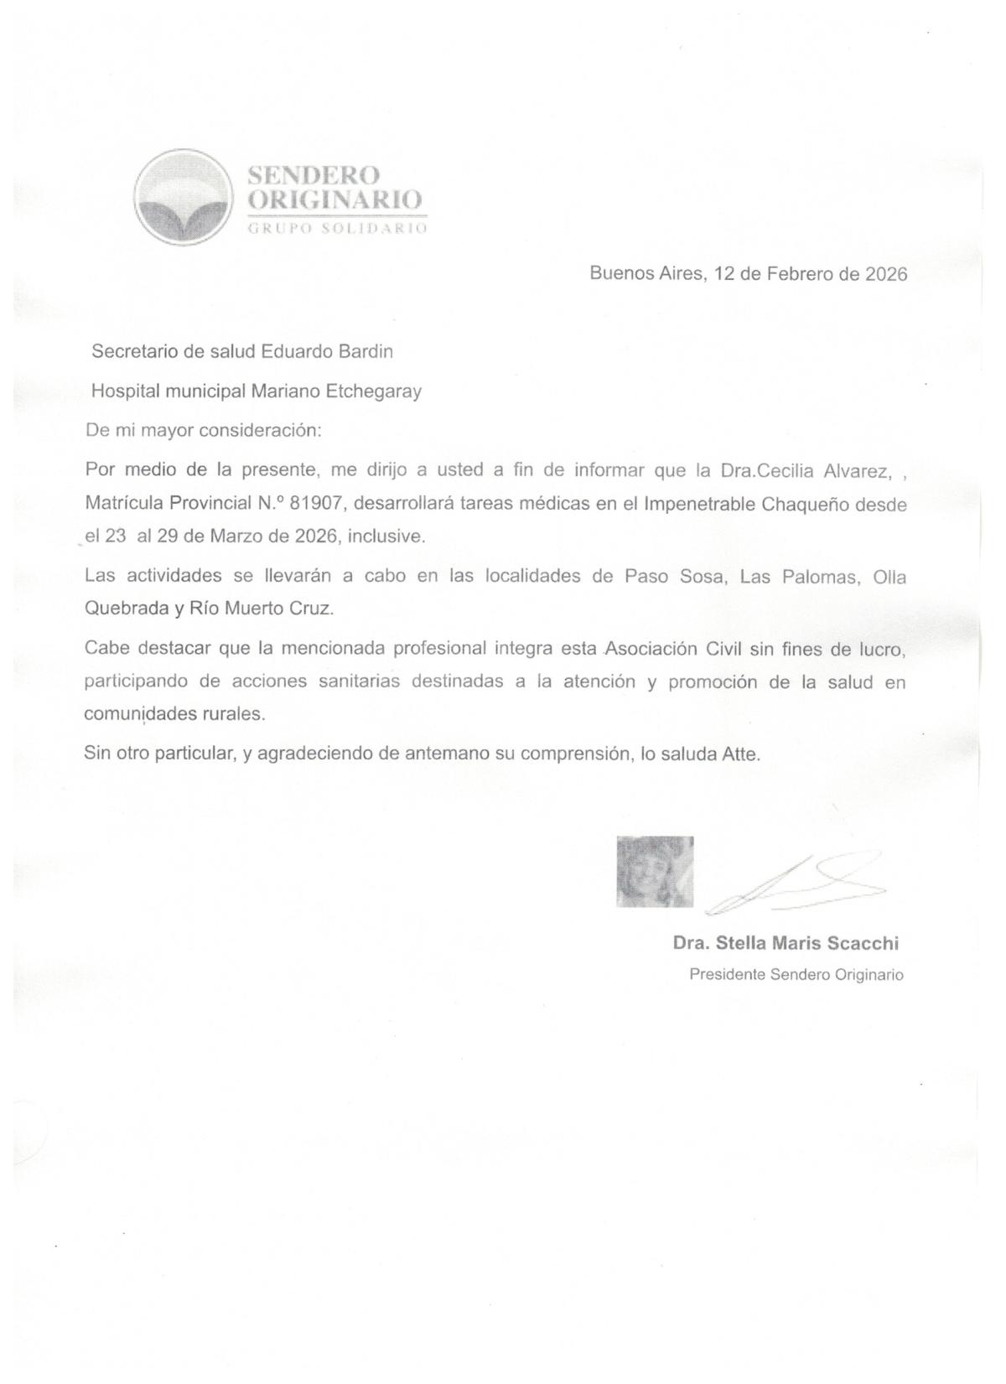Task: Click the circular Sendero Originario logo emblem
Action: (x=183, y=198)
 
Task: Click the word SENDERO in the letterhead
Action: (x=314, y=175)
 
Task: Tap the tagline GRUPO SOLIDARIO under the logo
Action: (x=337, y=229)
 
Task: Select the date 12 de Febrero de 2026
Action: (x=811, y=274)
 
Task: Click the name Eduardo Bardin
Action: (x=327, y=352)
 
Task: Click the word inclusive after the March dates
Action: (x=386, y=536)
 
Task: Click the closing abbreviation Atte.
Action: (x=741, y=754)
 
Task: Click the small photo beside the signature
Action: (x=655, y=871)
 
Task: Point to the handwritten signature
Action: (x=796, y=884)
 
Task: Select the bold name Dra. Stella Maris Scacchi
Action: (x=786, y=944)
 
